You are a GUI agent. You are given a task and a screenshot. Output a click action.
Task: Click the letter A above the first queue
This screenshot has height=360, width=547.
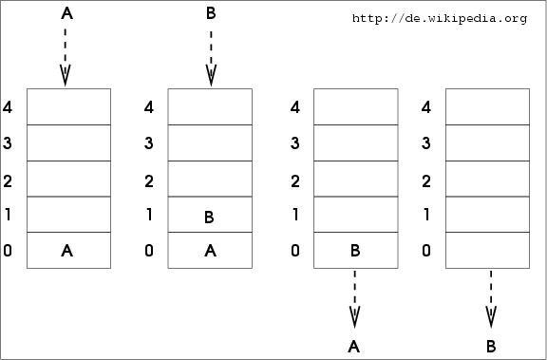click(67, 13)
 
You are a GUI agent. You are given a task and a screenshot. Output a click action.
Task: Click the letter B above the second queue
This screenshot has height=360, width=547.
click(211, 13)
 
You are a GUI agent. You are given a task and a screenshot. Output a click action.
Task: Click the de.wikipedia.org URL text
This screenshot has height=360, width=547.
click(440, 18)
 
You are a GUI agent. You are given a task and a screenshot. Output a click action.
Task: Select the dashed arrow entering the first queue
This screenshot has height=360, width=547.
click(66, 57)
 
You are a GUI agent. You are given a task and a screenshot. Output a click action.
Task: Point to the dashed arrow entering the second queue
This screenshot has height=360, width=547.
click(211, 59)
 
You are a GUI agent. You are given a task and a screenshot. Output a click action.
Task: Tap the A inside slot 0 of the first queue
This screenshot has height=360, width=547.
click(67, 251)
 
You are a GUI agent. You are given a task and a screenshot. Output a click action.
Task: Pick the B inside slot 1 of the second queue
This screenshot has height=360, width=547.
click(209, 217)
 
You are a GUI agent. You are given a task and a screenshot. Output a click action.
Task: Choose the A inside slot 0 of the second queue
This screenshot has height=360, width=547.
click(210, 251)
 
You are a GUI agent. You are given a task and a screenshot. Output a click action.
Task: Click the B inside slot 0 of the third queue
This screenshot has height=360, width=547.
click(355, 251)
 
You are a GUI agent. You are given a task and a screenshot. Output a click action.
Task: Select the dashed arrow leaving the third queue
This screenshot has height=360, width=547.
click(355, 299)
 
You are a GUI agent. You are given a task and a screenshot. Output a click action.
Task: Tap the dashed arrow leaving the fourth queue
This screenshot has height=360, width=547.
click(491, 299)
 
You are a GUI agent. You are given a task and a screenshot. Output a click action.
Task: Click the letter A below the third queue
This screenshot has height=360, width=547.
click(353, 347)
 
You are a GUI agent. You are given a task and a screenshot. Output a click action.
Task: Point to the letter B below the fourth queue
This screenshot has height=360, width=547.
click(491, 347)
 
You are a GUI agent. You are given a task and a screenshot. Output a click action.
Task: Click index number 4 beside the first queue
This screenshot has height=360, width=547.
click(8, 107)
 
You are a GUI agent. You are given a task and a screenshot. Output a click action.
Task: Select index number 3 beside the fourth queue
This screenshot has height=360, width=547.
click(426, 143)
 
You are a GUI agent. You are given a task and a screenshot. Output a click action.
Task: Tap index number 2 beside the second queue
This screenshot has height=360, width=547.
click(149, 181)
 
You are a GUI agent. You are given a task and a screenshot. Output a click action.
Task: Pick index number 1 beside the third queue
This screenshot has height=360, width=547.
click(295, 214)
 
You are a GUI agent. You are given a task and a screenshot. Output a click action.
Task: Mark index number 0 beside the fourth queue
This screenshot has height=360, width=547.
click(426, 251)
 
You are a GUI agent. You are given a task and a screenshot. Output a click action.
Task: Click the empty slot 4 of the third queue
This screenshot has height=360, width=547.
click(356, 106)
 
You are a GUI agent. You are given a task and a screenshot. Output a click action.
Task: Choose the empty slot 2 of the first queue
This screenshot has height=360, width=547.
click(68, 179)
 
